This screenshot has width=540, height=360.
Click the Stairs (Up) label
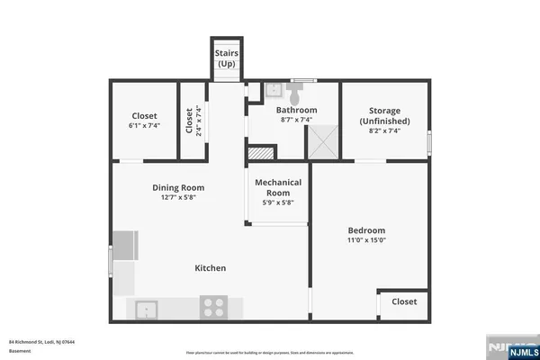(x=226, y=59)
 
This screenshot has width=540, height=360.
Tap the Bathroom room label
(x=295, y=110)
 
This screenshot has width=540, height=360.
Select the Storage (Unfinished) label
(x=384, y=115)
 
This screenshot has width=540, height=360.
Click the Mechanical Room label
(x=277, y=187)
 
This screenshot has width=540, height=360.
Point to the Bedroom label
(x=366, y=230)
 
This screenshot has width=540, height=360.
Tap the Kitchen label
(x=211, y=268)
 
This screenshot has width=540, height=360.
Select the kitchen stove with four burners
(x=214, y=308)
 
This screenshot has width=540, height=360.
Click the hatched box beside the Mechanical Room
(x=260, y=153)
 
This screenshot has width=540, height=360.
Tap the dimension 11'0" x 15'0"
(x=366, y=240)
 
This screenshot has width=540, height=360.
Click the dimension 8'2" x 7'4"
(x=384, y=130)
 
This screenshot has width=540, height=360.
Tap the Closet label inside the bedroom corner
(x=404, y=302)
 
